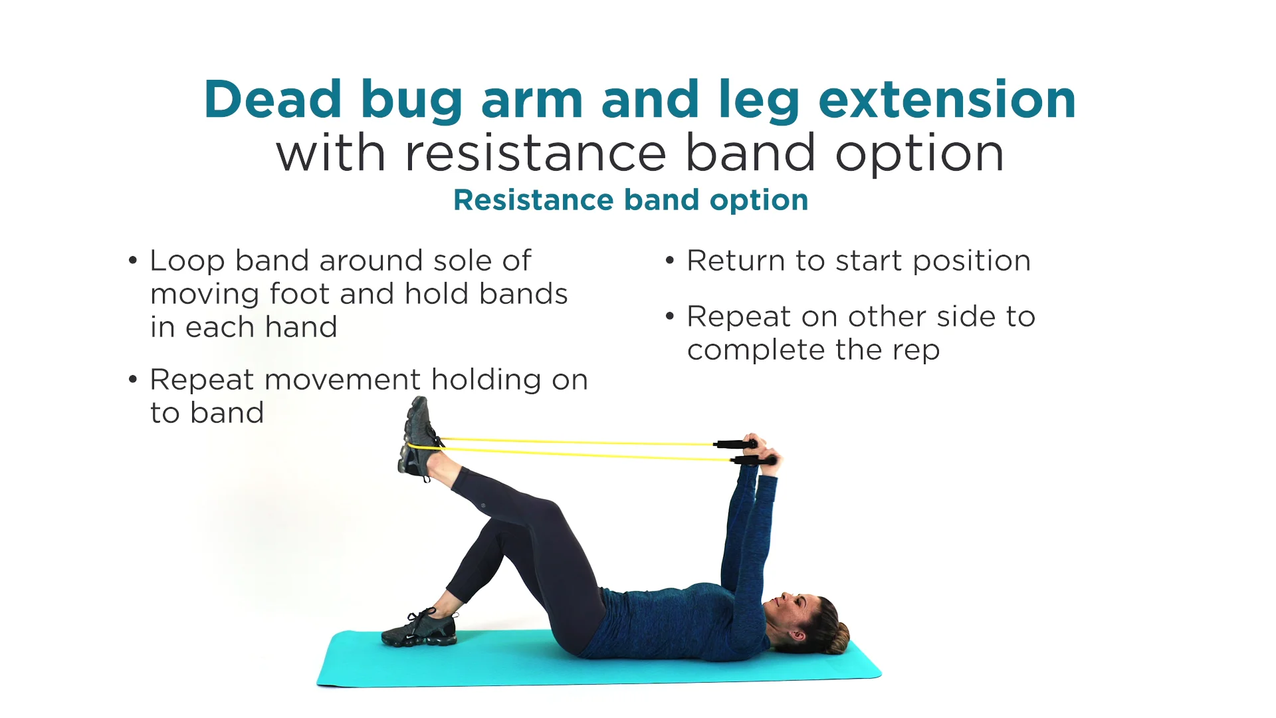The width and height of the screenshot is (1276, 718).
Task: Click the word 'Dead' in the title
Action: tap(272, 100)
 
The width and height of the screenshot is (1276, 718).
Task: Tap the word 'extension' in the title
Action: tap(947, 100)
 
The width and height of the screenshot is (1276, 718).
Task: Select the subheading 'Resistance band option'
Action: tap(631, 200)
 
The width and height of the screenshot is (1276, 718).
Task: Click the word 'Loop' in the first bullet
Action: tap(187, 261)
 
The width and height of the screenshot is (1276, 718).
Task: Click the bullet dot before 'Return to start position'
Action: tap(669, 261)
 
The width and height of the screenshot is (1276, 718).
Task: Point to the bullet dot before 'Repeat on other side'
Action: tap(669, 316)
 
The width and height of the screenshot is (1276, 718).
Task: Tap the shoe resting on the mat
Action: tap(420, 628)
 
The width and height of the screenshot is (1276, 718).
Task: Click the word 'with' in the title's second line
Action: tap(331, 154)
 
